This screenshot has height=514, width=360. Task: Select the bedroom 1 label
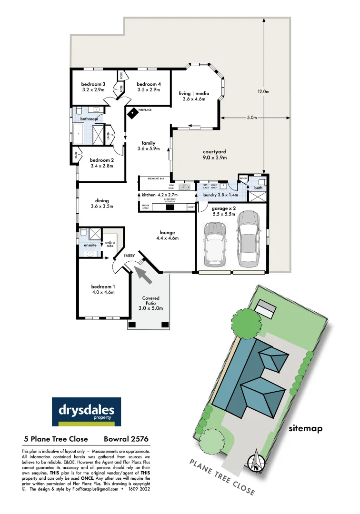[103, 289]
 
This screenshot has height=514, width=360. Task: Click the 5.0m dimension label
[252, 118]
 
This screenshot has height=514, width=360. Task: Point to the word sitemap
[306, 429]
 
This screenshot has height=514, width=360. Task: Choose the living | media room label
[194, 96]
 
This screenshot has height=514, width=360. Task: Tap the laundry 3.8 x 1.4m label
[220, 195]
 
